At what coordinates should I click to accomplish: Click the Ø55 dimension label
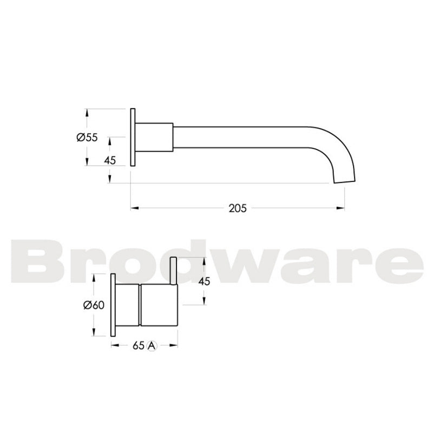coord(87,137)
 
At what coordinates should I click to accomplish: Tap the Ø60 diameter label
coord(93,305)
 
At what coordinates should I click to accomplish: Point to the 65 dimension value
coord(137,345)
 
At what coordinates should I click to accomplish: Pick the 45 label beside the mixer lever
coord(204,281)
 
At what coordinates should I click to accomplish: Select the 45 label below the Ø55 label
coord(110,160)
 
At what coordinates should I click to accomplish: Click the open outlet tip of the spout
coord(345,181)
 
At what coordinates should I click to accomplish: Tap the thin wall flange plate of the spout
coord(133,137)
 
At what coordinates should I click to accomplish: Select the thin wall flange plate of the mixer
coord(114,305)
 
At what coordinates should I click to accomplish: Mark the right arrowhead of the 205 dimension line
coord(343,207)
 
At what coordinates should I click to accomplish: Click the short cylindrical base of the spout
coord(154,137)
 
